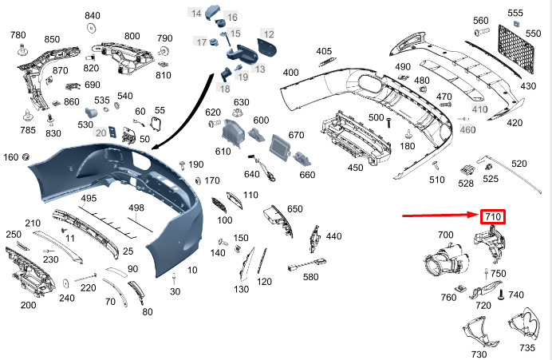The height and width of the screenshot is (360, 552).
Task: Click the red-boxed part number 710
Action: coord(492,216)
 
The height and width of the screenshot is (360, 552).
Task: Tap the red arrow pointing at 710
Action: coord(439,216)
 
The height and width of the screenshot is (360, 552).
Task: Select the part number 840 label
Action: coord(93,16)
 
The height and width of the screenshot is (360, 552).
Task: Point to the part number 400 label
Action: coord(290,73)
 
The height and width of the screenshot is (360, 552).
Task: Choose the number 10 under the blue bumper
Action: coord(192,271)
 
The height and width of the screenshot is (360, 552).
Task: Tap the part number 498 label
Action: coord(136,208)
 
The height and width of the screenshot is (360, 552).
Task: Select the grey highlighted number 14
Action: coord(195,13)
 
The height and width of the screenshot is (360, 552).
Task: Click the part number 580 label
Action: coord(310,277)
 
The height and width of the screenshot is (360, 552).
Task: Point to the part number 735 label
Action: coord(527,348)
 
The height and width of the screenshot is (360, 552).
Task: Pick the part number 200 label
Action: coord(28,305)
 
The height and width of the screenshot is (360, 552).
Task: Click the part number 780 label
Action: coord(18,35)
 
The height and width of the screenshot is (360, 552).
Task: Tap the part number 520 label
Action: coord(519,164)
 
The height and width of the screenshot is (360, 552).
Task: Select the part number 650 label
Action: coord(295,208)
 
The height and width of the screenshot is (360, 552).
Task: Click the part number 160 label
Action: coord(10,156)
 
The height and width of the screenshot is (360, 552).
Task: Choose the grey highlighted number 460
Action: coord(467,129)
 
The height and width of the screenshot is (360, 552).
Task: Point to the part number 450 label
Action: coord(355,168)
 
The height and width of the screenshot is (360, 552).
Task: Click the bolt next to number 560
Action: coord(481,33)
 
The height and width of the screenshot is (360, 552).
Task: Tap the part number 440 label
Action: coord(333,236)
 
